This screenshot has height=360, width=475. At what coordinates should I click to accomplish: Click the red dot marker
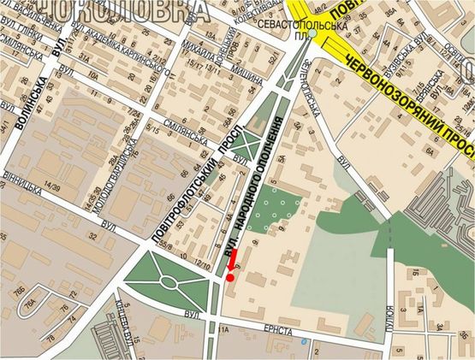[229, 278]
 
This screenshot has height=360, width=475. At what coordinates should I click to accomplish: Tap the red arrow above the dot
[234, 266]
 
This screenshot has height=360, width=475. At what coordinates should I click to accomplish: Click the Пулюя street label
[389, 317]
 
